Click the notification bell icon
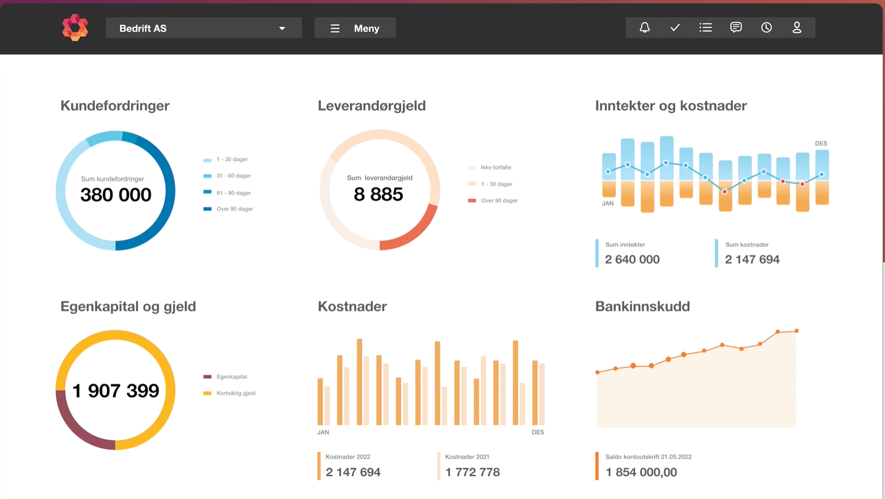click(645, 28)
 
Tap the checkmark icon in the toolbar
click(675, 28)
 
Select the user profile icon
click(797, 28)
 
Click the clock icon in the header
click(766, 28)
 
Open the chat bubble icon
click(736, 28)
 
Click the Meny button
click(355, 28)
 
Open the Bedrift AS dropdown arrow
click(282, 29)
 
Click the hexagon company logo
click(75, 28)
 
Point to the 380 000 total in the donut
click(116, 195)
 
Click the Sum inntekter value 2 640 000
click(632, 259)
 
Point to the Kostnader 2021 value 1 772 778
click(472, 472)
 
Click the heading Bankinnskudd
click(642, 306)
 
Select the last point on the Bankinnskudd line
click(796, 331)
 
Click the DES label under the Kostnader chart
click(537, 432)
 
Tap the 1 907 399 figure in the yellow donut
click(116, 391)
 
